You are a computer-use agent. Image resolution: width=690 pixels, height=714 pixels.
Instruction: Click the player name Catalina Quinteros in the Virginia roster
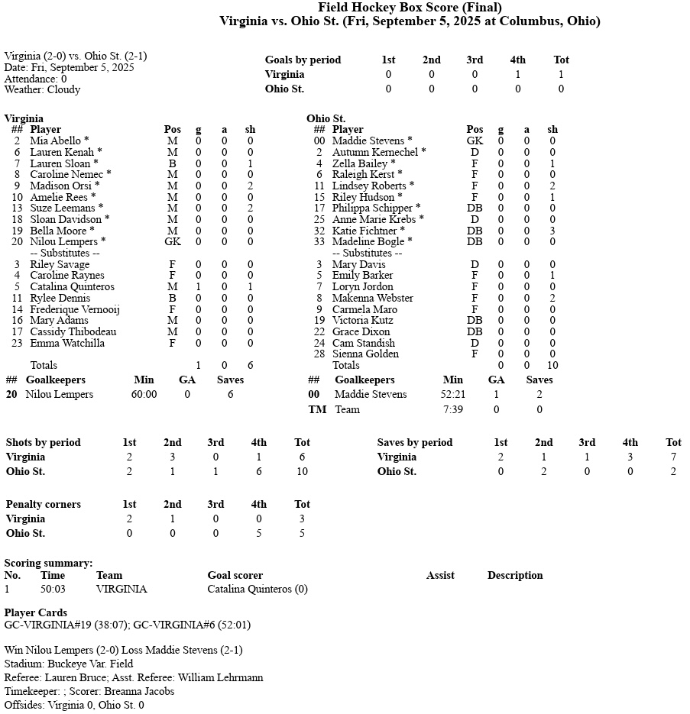point(72,286)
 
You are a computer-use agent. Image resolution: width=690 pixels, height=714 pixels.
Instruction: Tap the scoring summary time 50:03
point(53,589)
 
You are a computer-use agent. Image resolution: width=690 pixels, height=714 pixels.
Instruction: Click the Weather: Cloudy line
point(42,89)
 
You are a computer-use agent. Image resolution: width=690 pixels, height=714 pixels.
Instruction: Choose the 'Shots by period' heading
point(43,442)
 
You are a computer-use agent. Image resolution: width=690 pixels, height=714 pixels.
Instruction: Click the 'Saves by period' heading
point(415,442)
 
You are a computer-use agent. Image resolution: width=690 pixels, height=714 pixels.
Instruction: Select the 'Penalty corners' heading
point(43,504)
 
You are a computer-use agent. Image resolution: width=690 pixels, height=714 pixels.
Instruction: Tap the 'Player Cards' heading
point(36,612)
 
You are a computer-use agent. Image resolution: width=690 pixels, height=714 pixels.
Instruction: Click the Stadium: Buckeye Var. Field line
point(69,664)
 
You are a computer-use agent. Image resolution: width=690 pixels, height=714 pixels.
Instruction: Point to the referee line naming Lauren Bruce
point(134,677)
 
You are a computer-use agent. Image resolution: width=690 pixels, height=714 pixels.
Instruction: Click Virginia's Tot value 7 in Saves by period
point(673,457)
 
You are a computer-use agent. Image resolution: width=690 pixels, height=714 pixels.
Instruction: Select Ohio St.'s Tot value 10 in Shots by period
point(302,471)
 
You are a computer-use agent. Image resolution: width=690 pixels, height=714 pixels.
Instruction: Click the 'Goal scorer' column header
point(235,575)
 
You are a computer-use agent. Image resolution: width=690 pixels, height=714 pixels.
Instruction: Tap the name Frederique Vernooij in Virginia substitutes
point(75,309)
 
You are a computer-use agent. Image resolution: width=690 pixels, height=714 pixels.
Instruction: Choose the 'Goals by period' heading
point(303,60)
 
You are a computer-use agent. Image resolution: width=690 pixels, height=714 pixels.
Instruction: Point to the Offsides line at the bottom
point(74,705)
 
